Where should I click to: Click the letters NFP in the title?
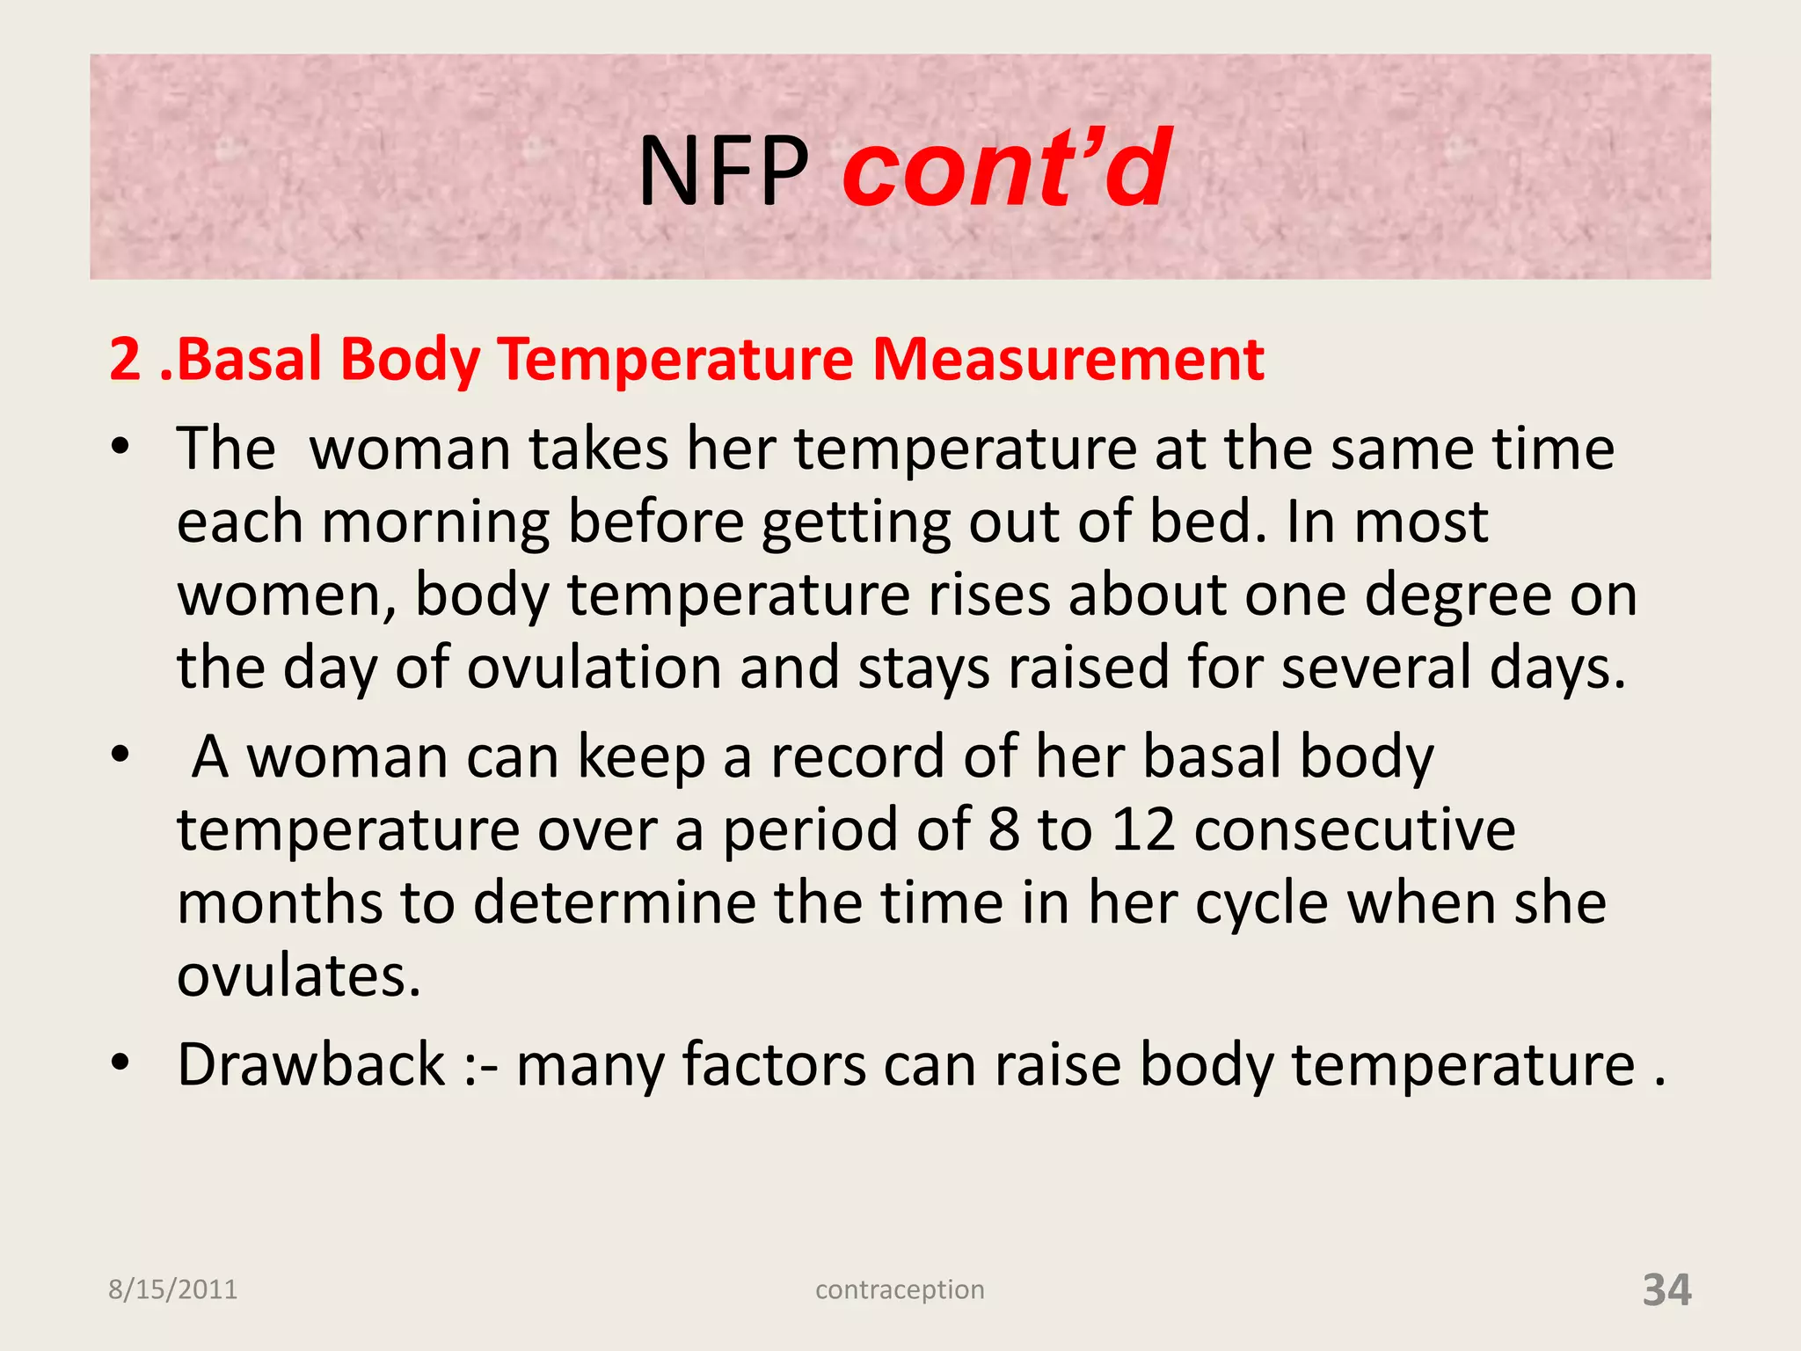(x=723, y=172)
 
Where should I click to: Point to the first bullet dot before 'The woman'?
(x=120, y=448)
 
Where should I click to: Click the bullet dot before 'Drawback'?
(x=120, y=1063)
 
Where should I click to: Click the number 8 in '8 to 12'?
(x=1003, y=829)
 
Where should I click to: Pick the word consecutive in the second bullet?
(x=1354, y=829)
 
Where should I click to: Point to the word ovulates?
(x=299, y=976)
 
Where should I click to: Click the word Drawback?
(x=311, y=1064)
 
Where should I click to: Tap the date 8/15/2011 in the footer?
(x=172, y=1289)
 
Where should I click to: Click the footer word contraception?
(x=900, y=1289)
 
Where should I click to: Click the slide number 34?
(x=1666, y=1289)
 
